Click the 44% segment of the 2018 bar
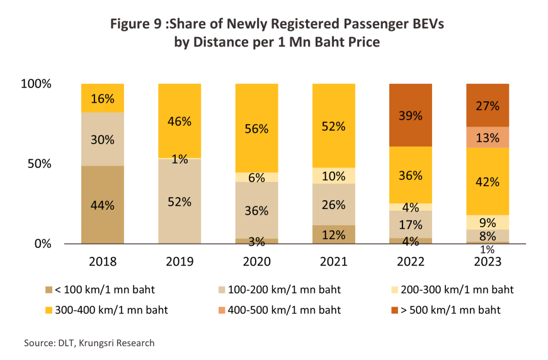(x=103, y=205)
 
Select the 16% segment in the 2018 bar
(x=103, y=98)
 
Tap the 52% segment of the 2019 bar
(x=180, y=201)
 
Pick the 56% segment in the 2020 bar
(x=256, y=128)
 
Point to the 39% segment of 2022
(x=410, y=115)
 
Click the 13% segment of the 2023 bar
(x=487, y=137)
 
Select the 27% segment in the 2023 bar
(x=487, y=105)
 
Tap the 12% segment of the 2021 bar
(x=333, y=234)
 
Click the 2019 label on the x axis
(x=180, y=261)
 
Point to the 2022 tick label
(x=410, y=261)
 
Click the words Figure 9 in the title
(x=135, y=25)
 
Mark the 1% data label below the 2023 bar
(x=487, y=250)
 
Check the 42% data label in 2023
(x=487, y=182)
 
